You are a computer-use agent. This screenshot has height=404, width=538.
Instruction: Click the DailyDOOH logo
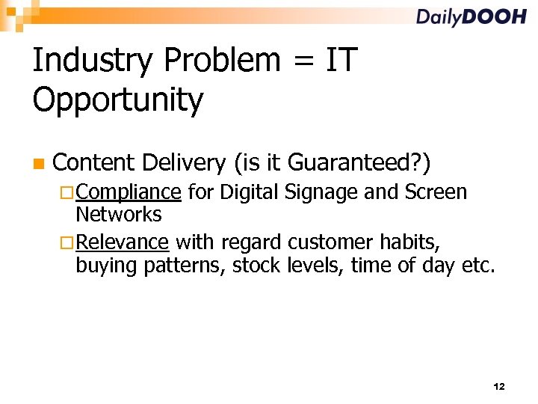coord(471,17)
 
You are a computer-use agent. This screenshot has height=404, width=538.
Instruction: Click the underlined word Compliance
coord(128,193)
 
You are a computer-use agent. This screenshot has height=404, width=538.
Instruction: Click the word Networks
coord(119,215)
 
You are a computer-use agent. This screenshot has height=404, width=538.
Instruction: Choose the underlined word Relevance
coord(123,242)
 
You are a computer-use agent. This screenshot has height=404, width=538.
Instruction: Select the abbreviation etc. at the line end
coord(478,265)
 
